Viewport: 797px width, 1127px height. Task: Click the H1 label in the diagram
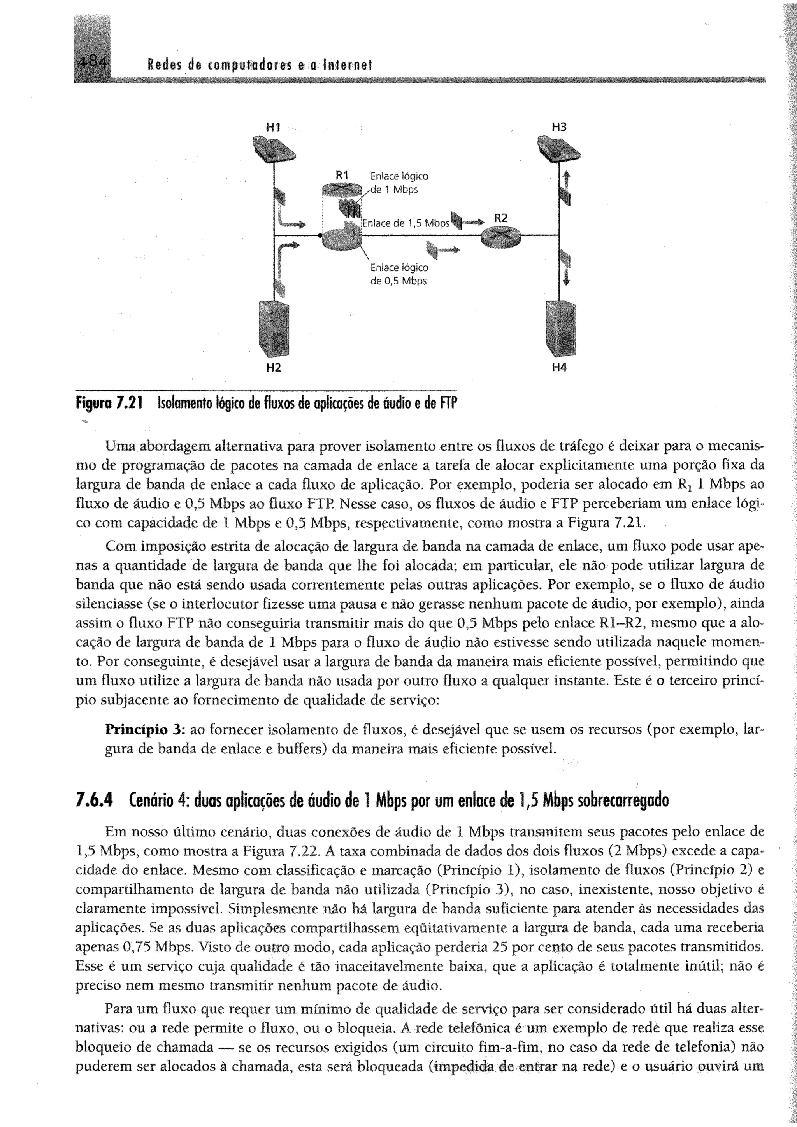click(x=273, y=127)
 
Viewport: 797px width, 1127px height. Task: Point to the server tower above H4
click(x=560, y=328)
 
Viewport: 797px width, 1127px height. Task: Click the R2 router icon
click(x=500, y=237)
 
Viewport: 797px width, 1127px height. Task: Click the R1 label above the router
click(x=342, y=175)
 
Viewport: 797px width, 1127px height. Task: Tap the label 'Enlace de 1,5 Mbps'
click(x=406, y=223)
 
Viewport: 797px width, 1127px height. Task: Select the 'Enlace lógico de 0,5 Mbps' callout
click(x=399, y=274)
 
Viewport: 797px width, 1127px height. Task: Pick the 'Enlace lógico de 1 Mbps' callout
click(x=399, y=183)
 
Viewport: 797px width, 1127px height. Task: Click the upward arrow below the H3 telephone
click(x=566, y=180)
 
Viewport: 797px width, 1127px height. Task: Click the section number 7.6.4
click(x=94, y=800)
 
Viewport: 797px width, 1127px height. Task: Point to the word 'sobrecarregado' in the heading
click(x=623, y=800)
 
